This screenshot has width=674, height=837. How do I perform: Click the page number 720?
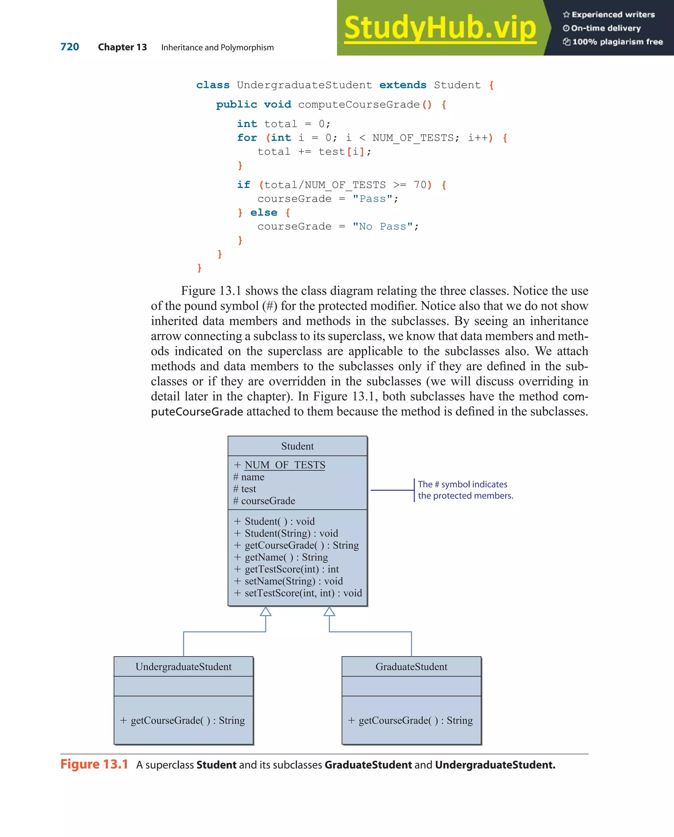pos(69,47)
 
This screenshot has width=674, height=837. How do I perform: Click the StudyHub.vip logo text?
pos(440,28)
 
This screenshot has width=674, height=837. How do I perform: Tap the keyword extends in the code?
pos(402,85)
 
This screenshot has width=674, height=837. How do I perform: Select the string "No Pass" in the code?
pos(382,226)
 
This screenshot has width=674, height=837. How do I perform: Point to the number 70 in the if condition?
pos(420,185)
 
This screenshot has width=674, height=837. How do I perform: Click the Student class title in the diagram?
pos(297,446)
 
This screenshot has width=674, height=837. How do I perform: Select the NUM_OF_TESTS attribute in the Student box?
pos(284,465)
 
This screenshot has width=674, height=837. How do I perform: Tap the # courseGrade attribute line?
pos(264,501)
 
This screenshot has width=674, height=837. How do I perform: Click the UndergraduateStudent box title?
pos(183,667)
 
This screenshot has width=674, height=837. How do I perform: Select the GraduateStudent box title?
pos(411,667)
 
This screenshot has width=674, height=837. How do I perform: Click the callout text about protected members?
pos(465,490)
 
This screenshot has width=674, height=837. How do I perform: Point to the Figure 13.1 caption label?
pos(94,764)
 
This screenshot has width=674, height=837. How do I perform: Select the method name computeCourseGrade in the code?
pos(359,105)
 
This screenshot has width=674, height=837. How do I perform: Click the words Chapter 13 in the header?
pos(122,47)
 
